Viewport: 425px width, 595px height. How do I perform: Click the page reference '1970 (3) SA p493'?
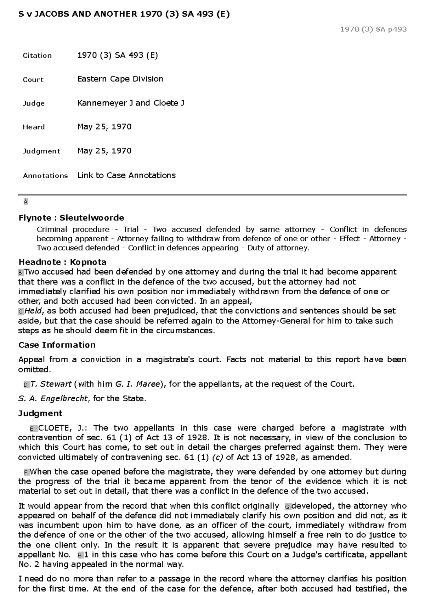point(373,29)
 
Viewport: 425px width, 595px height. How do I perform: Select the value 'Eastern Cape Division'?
point(120,79)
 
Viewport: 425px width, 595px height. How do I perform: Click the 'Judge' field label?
point(34,103)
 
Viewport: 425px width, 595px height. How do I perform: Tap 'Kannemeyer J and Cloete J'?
point(131,103)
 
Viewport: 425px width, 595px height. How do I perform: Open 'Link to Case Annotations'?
point(126,175)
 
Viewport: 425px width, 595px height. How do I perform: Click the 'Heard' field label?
point(34,127)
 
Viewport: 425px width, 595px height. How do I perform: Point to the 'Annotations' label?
point(45,176)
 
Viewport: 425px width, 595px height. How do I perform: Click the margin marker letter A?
point(25,202)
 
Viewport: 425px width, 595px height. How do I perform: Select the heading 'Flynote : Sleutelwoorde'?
point(71,218)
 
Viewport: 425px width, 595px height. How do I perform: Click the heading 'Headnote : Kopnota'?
point(62,262)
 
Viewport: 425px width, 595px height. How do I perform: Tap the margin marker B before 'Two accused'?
point(21,273)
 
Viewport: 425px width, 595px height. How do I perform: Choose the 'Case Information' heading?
point(57,345)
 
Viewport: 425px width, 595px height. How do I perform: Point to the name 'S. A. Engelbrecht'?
point(53,399)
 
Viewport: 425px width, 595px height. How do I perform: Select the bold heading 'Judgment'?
point(40,413)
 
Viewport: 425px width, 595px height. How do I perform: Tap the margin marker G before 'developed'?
point(287,507)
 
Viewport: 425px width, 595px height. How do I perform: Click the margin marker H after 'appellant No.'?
point(80,555)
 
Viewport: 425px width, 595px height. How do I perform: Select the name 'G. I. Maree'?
point(138,384)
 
